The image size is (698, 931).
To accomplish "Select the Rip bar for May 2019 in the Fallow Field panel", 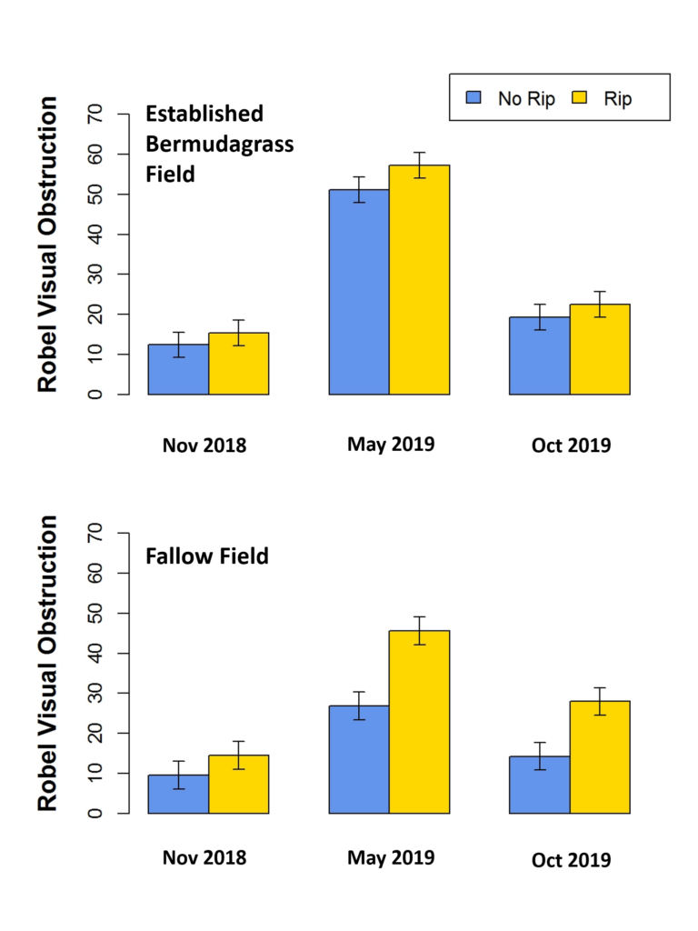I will tap(419, 722).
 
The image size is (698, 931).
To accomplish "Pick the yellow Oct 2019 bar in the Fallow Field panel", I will tap(600, 756).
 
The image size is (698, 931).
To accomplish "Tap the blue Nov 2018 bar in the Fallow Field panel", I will tap(179, 794).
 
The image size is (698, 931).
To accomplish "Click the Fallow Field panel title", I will tap(207, 556).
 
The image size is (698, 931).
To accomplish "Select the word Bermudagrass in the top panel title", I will tap(219, 144).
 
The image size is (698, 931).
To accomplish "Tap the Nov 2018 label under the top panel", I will tap(204, 446).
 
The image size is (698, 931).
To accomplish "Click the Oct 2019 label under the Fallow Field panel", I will tap(572, 860).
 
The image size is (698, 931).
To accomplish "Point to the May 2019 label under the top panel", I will tap(391, 445).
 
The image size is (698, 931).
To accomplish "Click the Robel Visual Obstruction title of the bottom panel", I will tap(47, 664).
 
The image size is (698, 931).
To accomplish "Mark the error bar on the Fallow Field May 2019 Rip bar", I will tap(419, 630).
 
